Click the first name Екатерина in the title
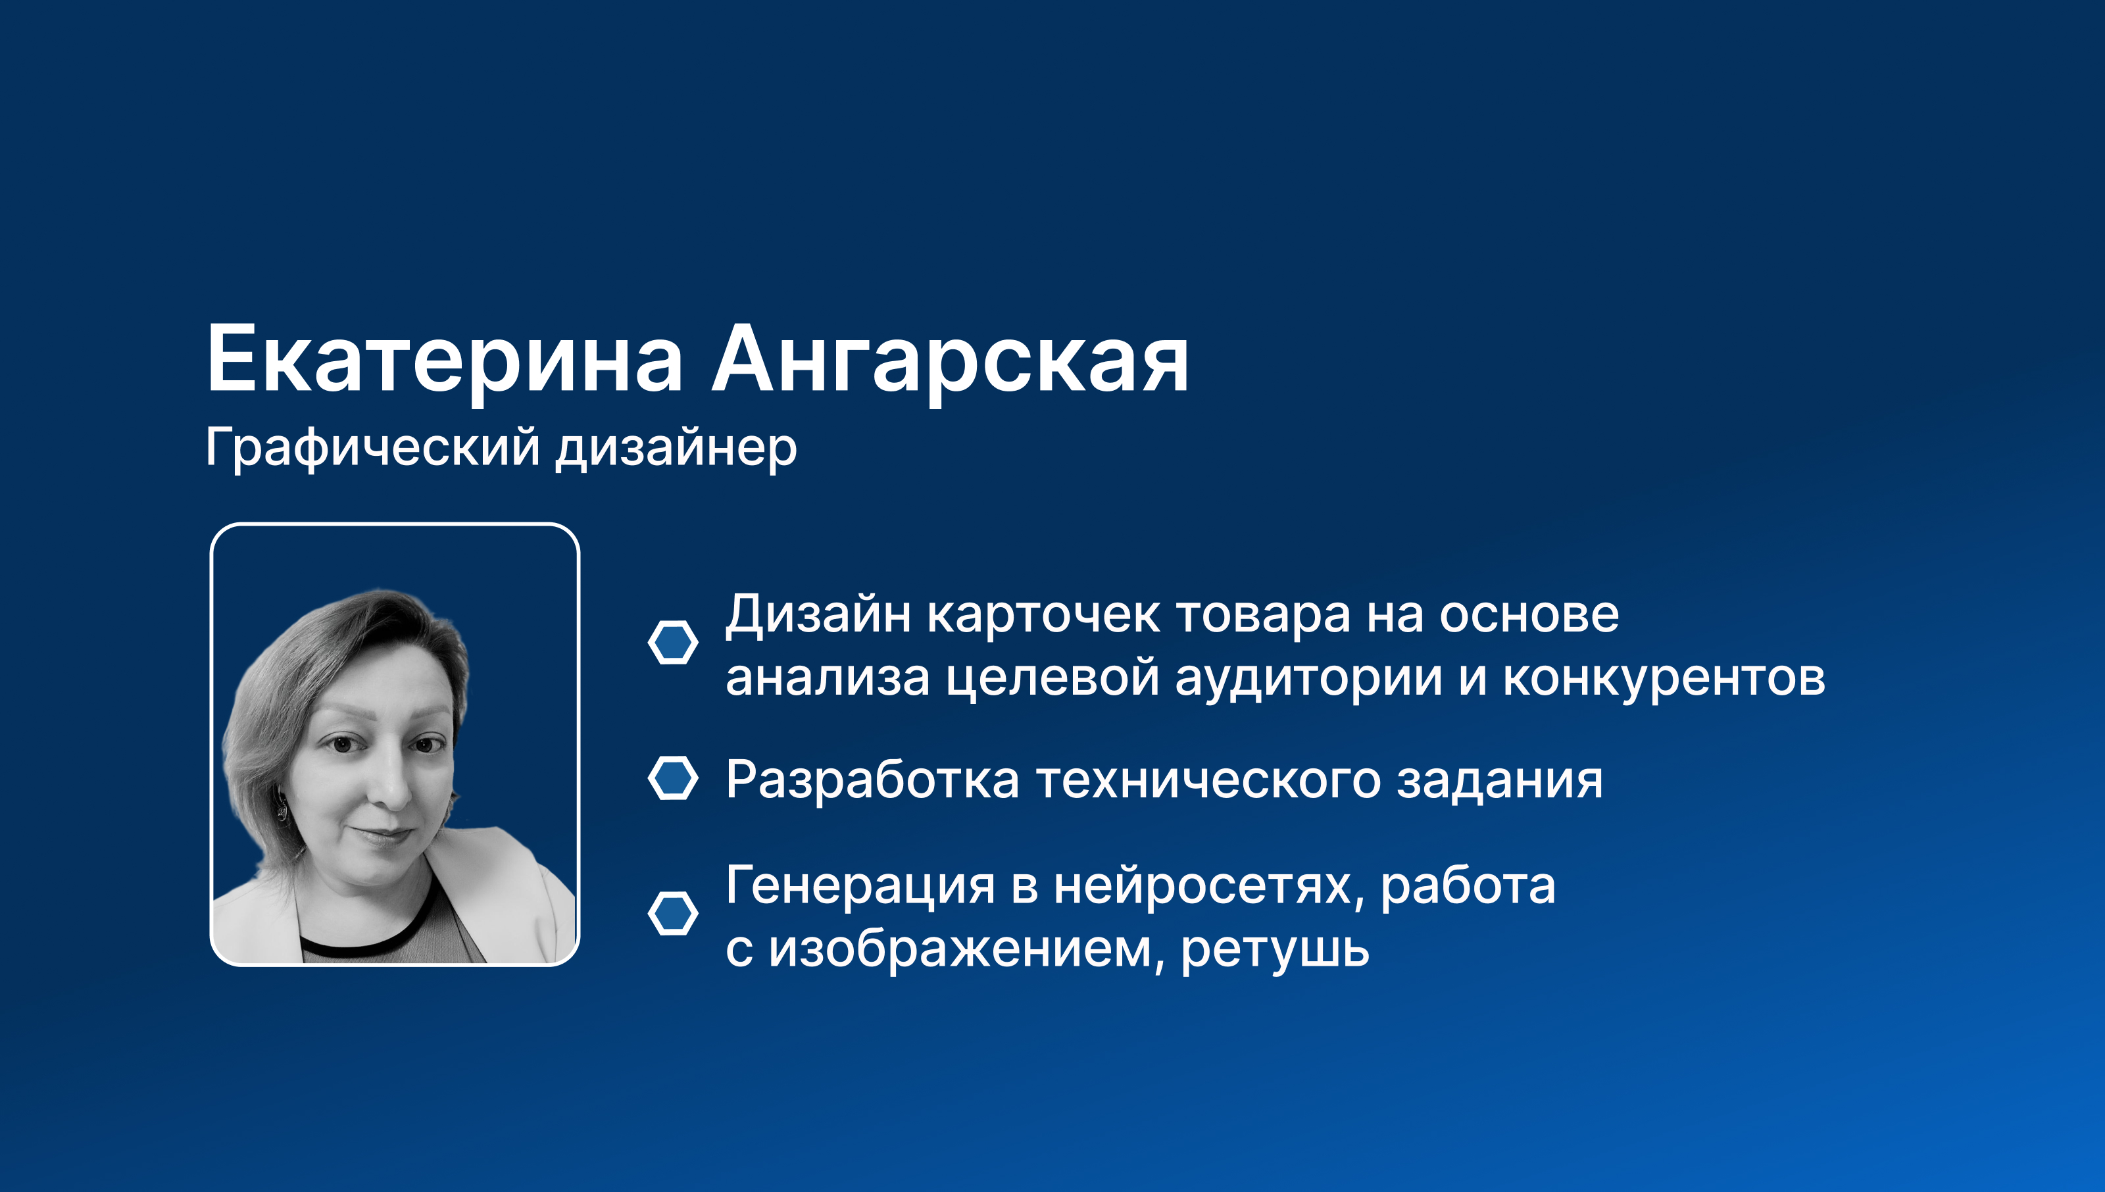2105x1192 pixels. tap(445, 360)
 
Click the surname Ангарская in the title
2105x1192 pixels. tap(950, 360)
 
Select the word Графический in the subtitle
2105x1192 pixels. tap(372, 448)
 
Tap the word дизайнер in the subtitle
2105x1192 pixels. tap(676, 448)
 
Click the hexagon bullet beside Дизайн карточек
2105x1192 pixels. tap(673, 642)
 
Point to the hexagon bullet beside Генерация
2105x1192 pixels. tap(673, 913)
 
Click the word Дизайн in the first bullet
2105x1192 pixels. tap(818, 615)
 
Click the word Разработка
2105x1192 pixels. tap(872, 780)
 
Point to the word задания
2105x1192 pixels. tap(1499, 780)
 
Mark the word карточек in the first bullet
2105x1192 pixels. tap(1043, 615)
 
